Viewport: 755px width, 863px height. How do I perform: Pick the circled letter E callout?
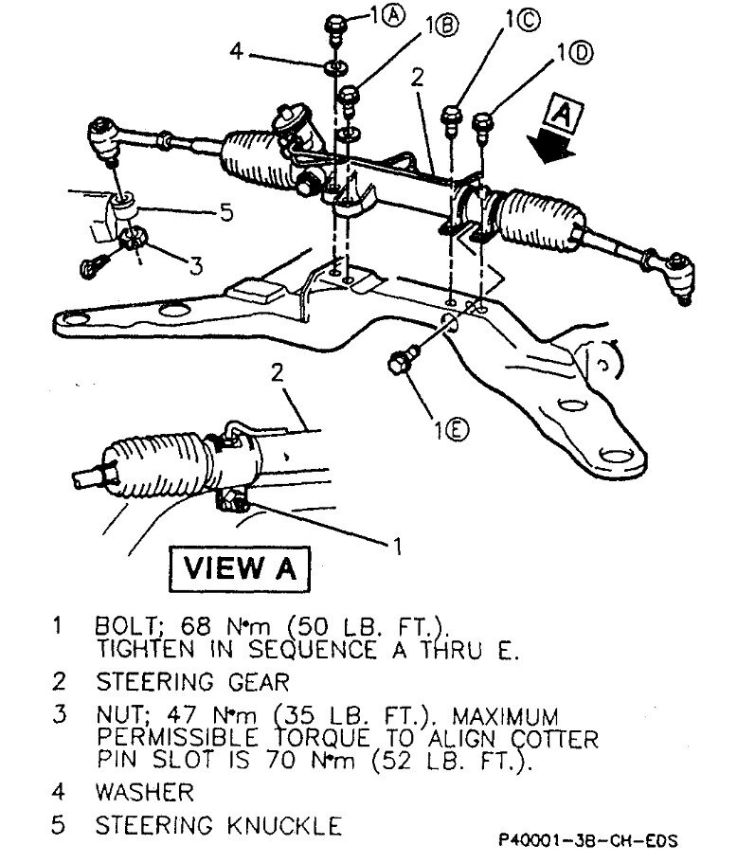(x=454, y=429)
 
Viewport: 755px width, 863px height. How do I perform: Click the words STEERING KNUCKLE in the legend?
(x=218, y=825)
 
